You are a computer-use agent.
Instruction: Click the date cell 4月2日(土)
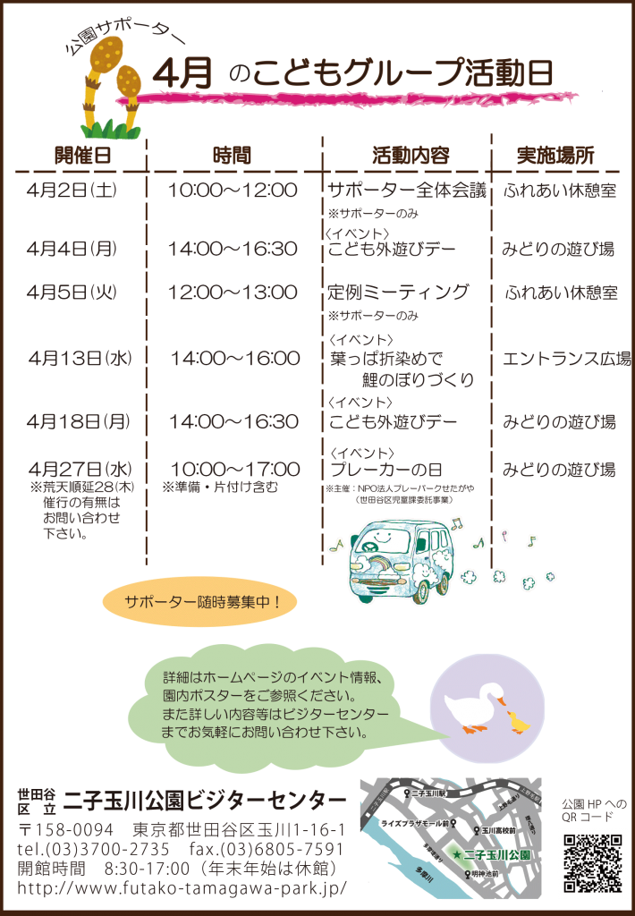point(72,190)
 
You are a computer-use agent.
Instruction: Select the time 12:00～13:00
point(233,292)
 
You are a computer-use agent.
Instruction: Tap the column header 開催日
point(82,154)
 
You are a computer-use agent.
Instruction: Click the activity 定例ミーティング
point(398,292)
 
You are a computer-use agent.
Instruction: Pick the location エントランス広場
point(566,360)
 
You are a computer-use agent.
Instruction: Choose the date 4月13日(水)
point(80,359)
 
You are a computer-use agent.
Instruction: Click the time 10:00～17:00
point(234,469)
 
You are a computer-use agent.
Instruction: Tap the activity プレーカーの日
point(386,470)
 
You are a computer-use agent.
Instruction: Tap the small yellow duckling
point(516,720)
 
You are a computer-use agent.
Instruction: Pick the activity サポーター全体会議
point(406,190)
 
